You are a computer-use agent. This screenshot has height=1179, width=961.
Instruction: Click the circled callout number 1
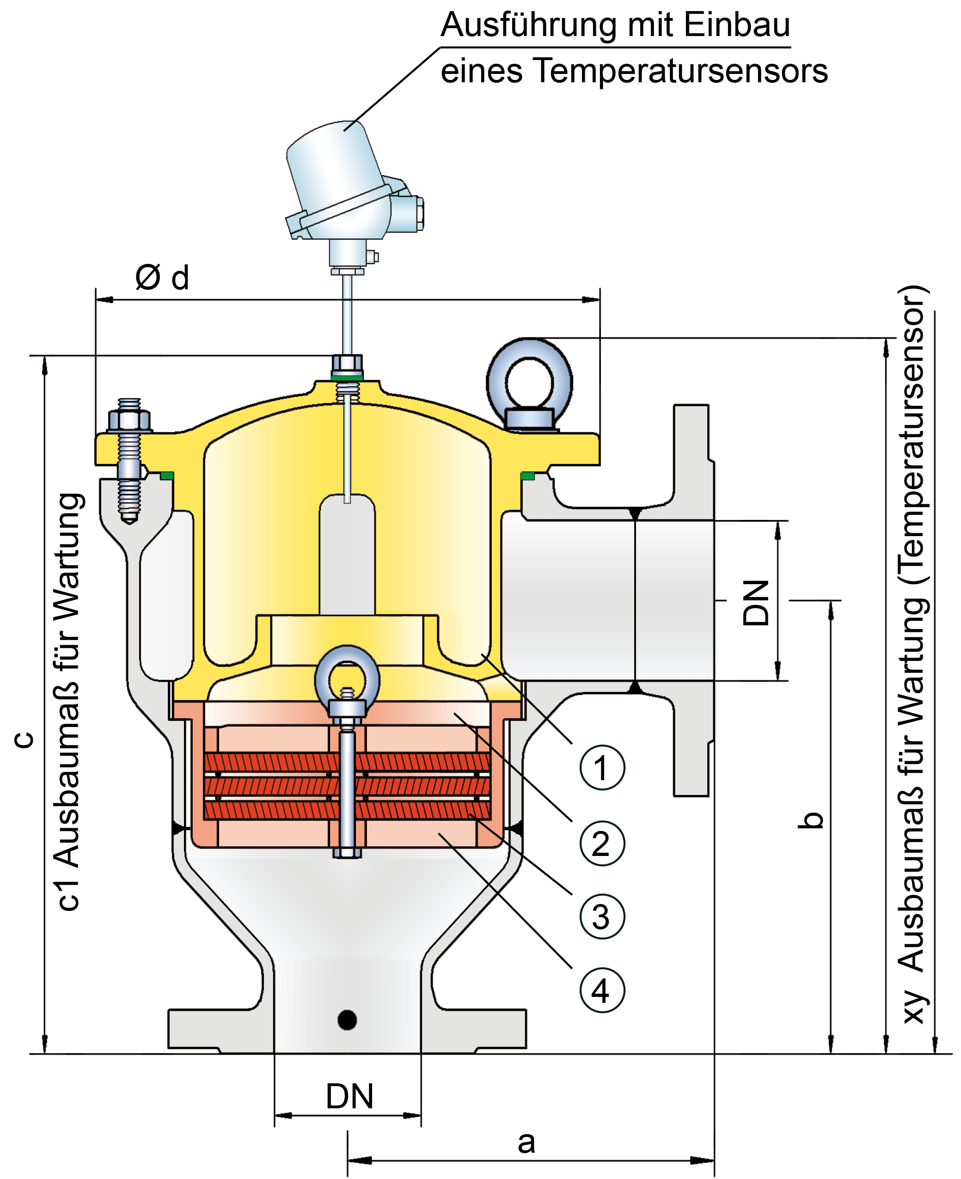(602, 767)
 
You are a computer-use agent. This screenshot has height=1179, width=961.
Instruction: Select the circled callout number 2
(602, 843)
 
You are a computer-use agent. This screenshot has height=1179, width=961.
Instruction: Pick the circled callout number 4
(602, 990)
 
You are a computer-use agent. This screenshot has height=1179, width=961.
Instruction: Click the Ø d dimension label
(162, 277)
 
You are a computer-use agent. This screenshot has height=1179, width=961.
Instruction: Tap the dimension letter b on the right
(812, 820)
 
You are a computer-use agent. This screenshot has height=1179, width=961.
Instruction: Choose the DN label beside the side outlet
(756, 603)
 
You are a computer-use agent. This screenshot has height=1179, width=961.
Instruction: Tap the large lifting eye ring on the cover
(529, 382)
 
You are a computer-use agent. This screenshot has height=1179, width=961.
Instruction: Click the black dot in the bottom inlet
(347, 1020)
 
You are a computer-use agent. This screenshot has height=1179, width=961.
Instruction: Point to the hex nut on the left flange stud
(129, 421)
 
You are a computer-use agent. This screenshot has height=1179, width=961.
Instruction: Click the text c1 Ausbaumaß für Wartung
(69, 703)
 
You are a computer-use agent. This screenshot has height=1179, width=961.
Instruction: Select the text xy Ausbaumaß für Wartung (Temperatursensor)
(912, 653)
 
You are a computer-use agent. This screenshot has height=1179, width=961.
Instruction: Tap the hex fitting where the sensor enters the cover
(347, 364)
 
